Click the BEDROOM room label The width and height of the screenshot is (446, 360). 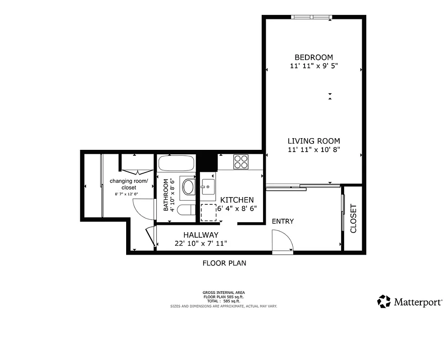(x=314, y=57)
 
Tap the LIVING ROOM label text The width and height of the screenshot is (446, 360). (x=314, y=141)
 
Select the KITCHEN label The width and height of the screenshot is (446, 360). (x=237, y=200)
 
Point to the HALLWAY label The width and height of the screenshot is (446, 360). (x=200, y=235)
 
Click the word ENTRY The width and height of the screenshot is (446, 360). (x=283, y=221)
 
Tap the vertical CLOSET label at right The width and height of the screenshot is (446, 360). (x=353, y=219)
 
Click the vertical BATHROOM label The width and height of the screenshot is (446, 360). (x=166, y=195)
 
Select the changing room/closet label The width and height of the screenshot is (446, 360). (x=128, y=184)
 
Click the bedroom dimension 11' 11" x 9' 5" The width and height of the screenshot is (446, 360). (x=314, y=66)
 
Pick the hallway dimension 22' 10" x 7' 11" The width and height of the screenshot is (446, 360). (x=200, y=243)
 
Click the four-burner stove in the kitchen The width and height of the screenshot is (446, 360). (x=241, y=162)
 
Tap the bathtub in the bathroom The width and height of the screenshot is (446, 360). (x=177, y=163)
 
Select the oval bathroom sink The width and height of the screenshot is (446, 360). (x=188, y=187)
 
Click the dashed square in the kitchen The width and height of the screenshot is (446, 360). (x=209, y=212)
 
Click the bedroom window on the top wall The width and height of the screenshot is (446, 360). (x=312, y=18)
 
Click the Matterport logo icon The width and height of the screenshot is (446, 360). (x=384, y=301)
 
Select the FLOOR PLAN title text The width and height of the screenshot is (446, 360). (x=224, y=263)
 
